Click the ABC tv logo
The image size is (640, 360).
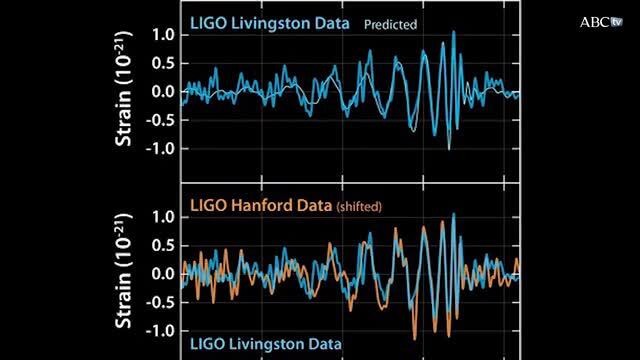600,21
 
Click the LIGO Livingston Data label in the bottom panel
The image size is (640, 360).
263,344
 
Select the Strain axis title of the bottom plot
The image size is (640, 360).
126,273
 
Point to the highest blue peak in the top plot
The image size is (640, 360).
454,32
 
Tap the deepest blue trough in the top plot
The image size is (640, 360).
449,148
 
